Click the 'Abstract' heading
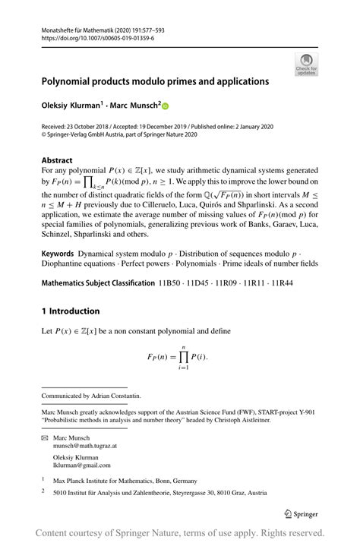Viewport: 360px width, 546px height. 57,160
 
